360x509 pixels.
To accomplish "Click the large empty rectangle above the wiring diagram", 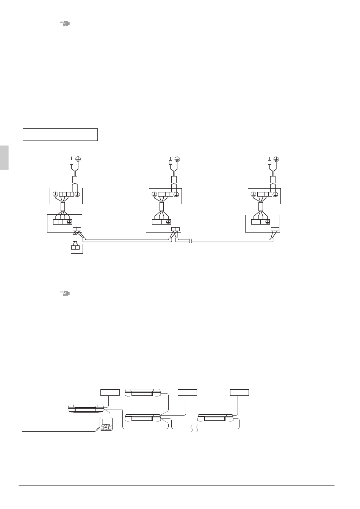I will tap(60, 134).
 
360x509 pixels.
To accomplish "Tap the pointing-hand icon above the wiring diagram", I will tap(65, 24).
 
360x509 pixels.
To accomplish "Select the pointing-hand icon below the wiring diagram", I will tap(65, 294).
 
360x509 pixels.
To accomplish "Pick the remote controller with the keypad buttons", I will tap(106, 424).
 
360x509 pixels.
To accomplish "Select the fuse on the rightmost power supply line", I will tap(269, 162).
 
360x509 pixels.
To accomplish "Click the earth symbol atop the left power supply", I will tap(78, 160).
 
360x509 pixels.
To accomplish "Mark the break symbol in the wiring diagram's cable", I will tap(190, 240).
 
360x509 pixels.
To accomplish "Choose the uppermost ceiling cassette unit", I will tap(143, 393).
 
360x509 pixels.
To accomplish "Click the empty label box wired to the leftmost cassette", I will tap(110, 392).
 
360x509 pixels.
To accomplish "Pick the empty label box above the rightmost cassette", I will tap(239, 392).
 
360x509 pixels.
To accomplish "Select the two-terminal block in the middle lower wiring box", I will tap(176, 229).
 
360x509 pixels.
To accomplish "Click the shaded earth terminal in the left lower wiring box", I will tap(69, 222).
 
